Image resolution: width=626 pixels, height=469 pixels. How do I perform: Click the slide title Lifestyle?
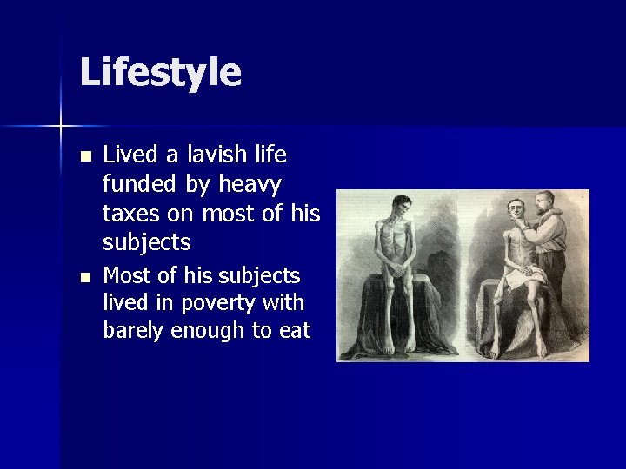pyautogui.click(x=160, y=73)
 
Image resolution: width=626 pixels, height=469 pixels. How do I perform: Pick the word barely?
pyautogui.click(x=133, y=331)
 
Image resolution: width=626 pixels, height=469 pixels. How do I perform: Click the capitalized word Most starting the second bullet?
pyautogui.click(x=127, y=276)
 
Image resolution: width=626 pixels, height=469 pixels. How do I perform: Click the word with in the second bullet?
pyautogui.click(x=287, y=303)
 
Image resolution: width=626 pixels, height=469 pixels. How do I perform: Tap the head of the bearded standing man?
pyautogui.click(x=545, y=202)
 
